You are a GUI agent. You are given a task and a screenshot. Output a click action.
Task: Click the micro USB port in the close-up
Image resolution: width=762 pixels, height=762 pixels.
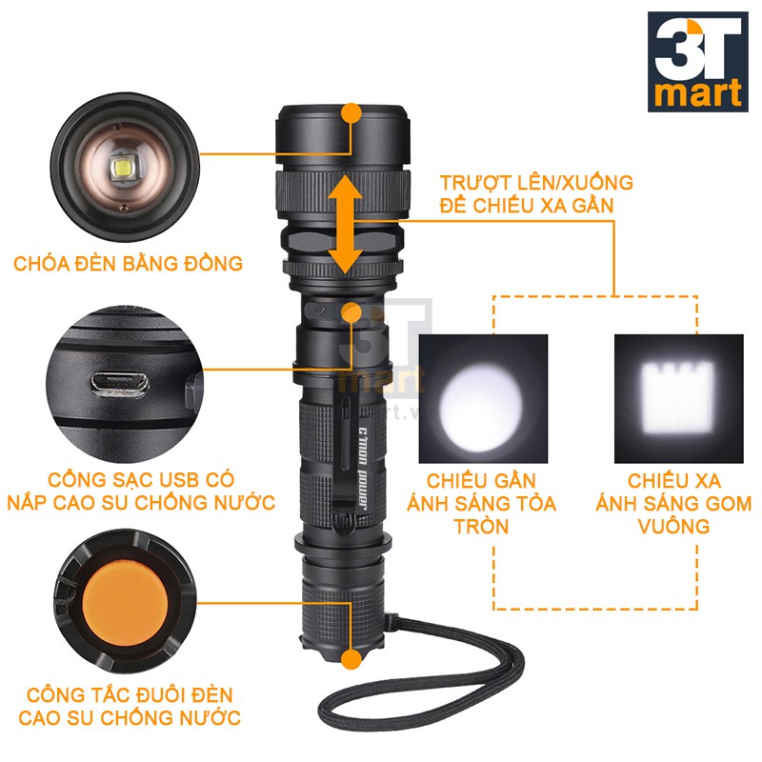[x=121, y=382]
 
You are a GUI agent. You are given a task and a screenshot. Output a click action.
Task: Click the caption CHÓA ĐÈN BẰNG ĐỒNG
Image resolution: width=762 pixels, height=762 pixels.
[x=128, y=262]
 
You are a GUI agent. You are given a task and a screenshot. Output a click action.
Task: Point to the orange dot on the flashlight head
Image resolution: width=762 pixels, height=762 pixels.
[x=351, y=113]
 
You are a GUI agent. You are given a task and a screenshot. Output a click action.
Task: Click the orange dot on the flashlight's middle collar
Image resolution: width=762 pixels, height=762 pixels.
[x=352, y=311]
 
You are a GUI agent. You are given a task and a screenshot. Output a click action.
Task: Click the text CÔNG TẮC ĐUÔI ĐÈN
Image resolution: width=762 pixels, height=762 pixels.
[x=129, y=694]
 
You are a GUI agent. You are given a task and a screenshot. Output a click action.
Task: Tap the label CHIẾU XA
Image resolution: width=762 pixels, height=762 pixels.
[x=673, y=479]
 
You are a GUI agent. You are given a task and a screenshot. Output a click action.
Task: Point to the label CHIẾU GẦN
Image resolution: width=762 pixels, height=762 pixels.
[x=481, y=479]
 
